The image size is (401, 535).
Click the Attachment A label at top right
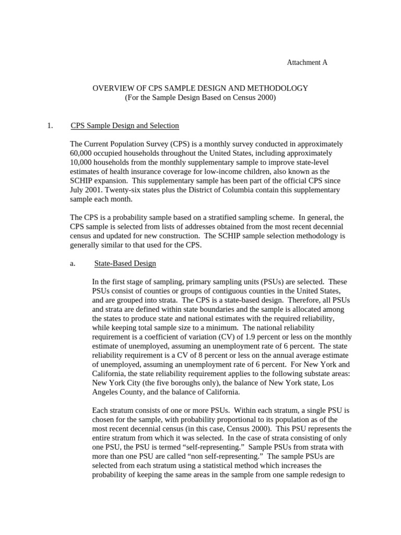point(307,62)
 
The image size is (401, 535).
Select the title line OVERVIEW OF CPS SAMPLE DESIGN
point(200,88)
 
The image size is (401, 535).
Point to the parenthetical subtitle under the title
point(200,98)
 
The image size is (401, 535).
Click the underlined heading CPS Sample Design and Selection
point(124,125)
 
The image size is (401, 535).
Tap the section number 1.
point(50,125)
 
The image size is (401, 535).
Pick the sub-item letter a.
point(73,263)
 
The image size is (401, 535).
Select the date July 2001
point(86,190)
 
